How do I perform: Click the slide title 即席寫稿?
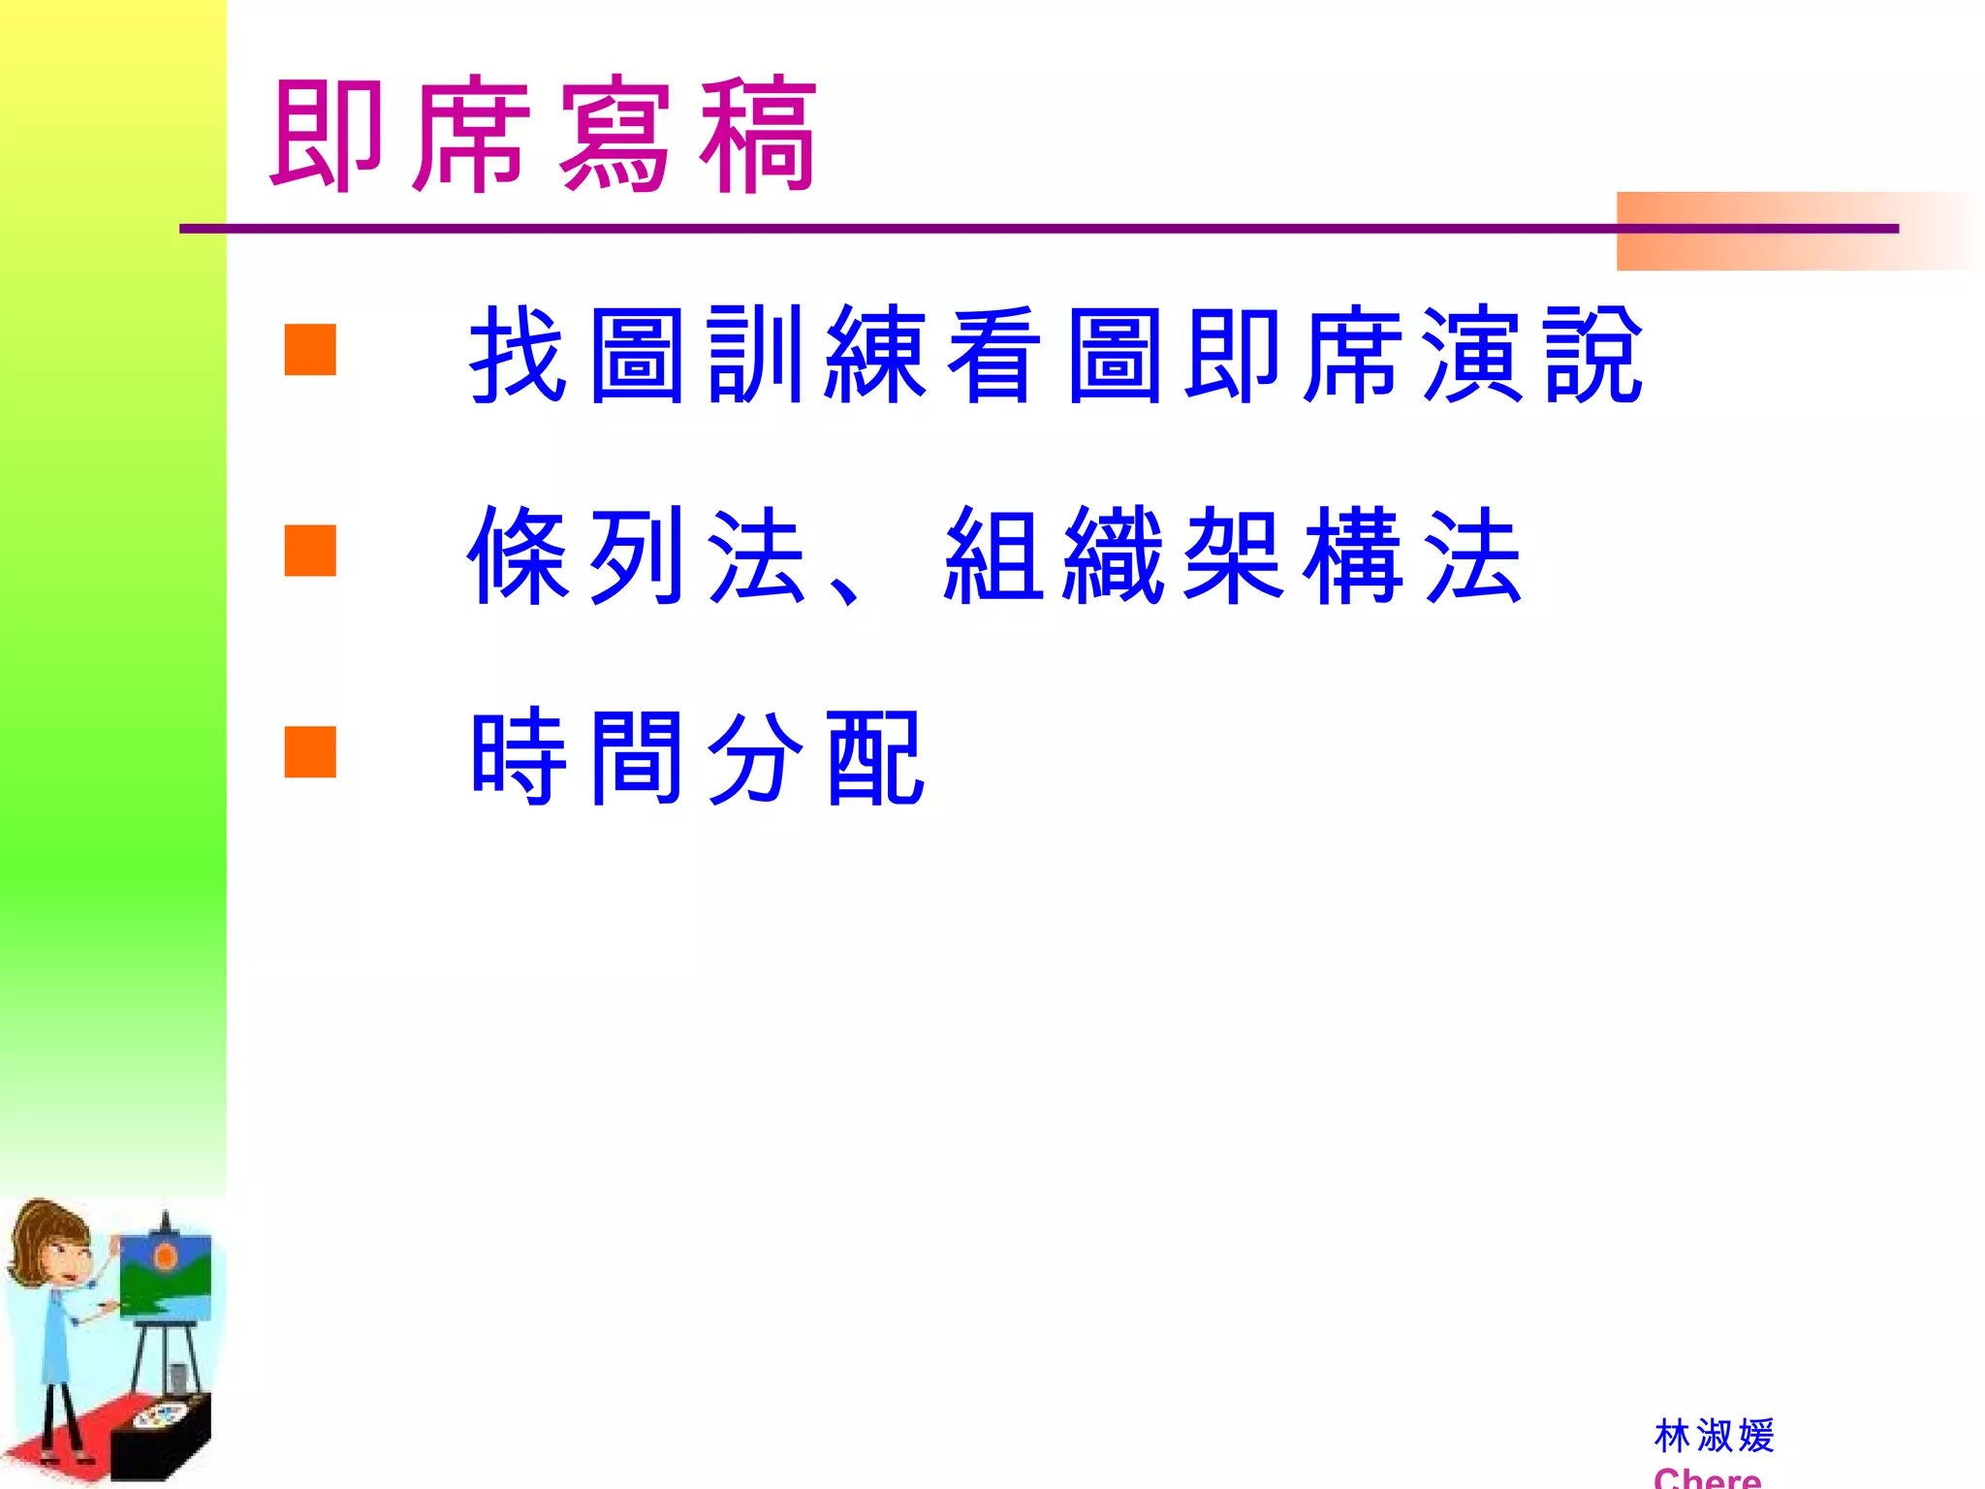point(543,136)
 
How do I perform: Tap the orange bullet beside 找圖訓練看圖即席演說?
point(310,350)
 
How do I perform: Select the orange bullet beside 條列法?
point(310,551)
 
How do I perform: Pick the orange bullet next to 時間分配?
point(310,752)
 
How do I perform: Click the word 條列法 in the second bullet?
point(636,555)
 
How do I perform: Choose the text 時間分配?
point(698,757)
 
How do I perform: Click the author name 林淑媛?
point(1714,1436)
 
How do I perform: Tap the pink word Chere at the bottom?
point(1707,1478)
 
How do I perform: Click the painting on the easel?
point(165,1278)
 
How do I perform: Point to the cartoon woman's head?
point(53,1246)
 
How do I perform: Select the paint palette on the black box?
point(161,1416)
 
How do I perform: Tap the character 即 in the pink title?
point(327,136)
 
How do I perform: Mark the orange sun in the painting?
point(166,1258)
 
